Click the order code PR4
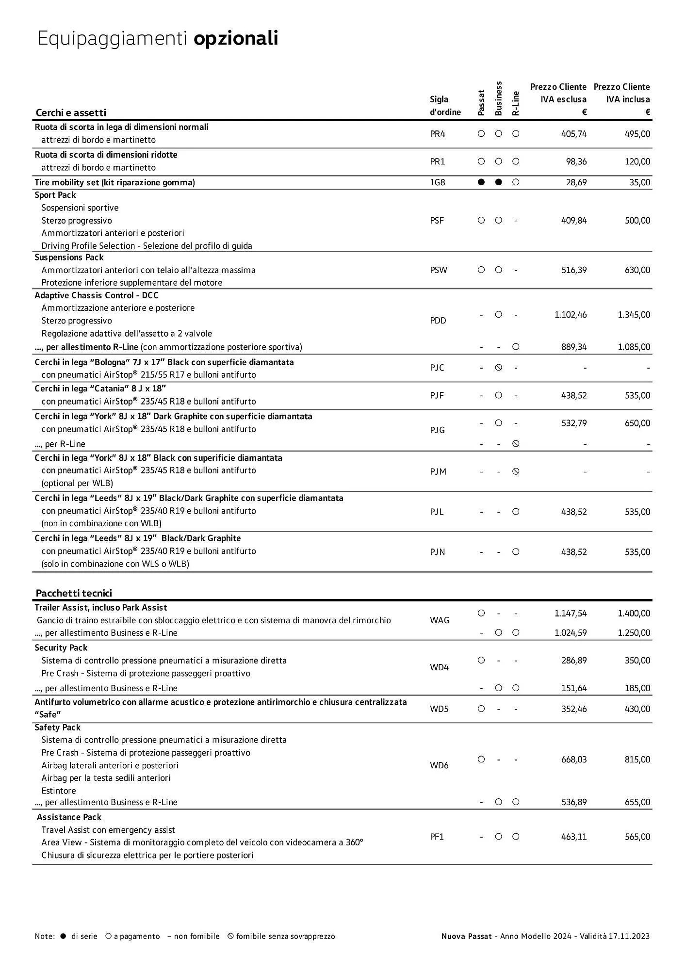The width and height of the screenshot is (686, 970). (437, 134)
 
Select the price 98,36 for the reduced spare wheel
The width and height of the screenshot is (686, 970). (576, 162)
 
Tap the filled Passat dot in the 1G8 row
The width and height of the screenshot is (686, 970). (481, 182)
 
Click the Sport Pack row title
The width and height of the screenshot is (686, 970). (55, 195)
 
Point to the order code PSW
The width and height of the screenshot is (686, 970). (439, 270)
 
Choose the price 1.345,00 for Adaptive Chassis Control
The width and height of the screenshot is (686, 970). (634, 315)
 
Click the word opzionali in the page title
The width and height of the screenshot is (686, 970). (236, 38)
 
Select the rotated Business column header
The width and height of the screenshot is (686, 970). (498, 98)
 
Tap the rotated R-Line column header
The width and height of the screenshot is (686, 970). (516, 103)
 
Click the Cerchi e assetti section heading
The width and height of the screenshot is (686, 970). (71, 113)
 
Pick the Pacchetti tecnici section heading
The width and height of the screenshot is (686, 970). (74, 593)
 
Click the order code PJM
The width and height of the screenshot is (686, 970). (438, 471)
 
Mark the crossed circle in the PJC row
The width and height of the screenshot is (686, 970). (498, 368)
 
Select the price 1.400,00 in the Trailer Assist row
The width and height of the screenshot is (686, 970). (634, 614)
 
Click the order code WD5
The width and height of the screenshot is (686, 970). (439, 709)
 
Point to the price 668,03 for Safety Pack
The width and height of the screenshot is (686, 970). (574, 760)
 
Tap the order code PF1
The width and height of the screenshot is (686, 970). (437, 837)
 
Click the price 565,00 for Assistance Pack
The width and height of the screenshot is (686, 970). (637, 837)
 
